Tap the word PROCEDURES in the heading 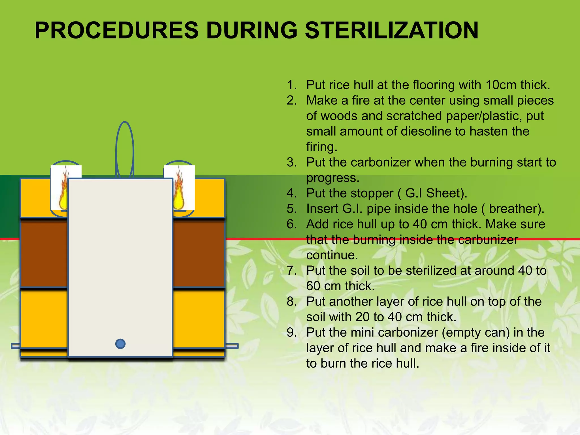116,30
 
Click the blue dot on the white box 120,344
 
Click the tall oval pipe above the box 125,150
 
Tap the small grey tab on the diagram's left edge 16,346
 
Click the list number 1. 292,85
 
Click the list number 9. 292,332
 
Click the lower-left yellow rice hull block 44,319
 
